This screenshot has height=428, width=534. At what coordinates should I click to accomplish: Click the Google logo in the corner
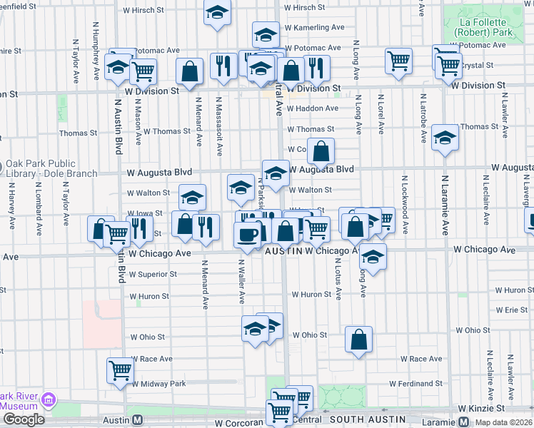[24, 419]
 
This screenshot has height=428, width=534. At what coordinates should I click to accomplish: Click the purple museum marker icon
[49, 399]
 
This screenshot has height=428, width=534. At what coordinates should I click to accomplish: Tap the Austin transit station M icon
[138, 421]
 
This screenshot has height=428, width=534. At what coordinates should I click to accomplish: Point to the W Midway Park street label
[158, 384]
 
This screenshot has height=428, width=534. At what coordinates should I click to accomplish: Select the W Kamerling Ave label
[314, 27]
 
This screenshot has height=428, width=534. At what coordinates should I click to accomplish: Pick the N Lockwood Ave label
[404, 205]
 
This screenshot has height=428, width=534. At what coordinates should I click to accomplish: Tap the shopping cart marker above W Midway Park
[120, 370]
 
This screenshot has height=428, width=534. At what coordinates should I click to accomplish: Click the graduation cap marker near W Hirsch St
[217, 12]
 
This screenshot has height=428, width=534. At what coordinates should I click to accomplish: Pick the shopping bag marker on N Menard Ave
[189, 71]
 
